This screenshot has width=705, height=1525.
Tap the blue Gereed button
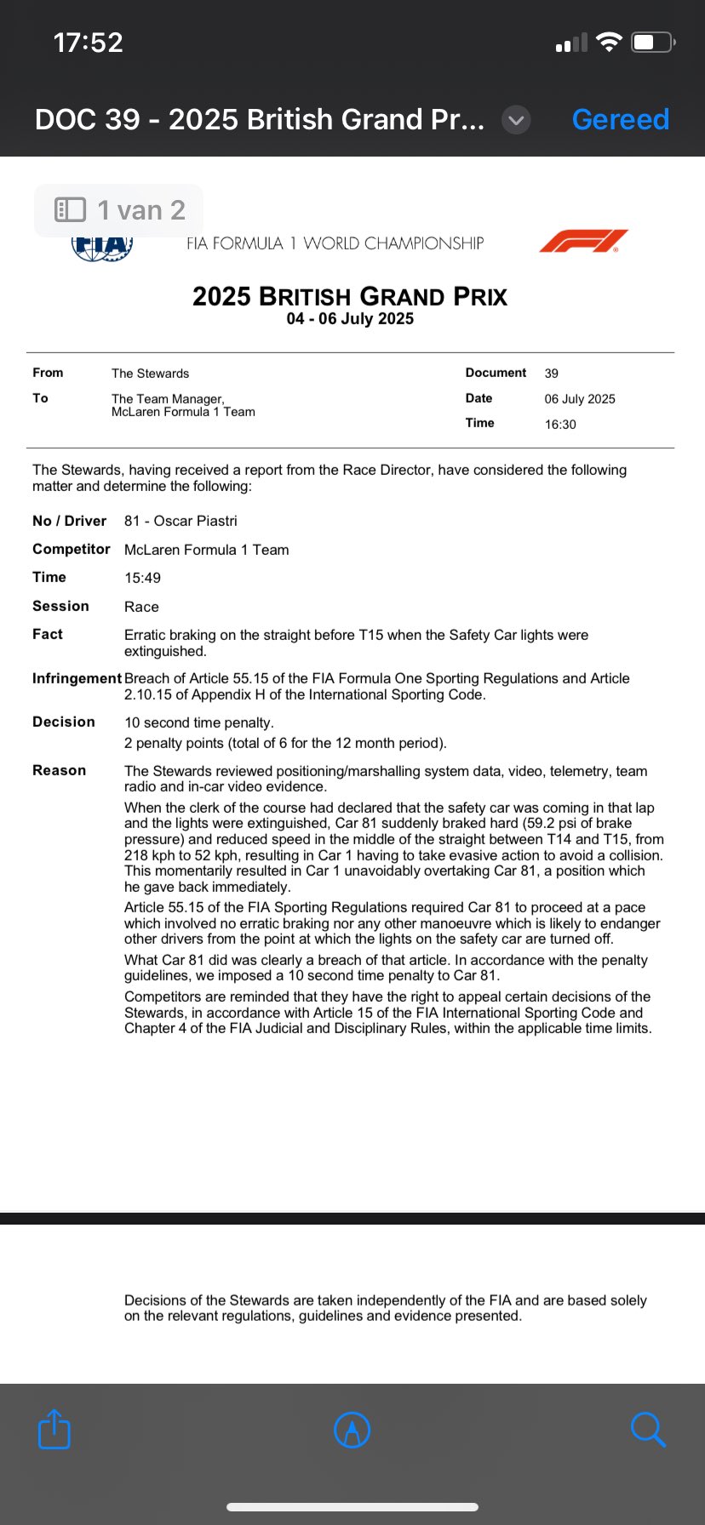(x=620, y=119)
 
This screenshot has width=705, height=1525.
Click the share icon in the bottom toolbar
(x=54, y=1429)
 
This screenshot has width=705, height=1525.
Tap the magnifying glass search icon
(x=647, y=1429)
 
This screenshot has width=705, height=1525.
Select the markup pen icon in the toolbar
(x=352, y=1430)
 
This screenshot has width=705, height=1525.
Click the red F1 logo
(x=583, y=242)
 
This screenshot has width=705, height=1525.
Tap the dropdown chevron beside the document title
(x=516, y=120)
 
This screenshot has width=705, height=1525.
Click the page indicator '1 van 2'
(x=119, y=210)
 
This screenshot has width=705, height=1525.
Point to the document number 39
(x=552, y=374)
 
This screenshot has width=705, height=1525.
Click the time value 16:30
(x=560, y=425)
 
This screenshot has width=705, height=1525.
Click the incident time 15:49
(x=142, y=578)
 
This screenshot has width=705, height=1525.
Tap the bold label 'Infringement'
(x=77, y=678)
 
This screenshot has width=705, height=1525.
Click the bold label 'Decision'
(x=64, y=722)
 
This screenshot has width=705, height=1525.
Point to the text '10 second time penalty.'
(x=199, y=723)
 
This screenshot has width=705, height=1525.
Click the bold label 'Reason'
(x=59, y=770)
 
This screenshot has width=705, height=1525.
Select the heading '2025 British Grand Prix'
(x=350, y=296)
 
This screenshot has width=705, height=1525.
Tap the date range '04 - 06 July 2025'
(x=350, y=319)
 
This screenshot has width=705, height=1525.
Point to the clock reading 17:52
(x=88, y=42)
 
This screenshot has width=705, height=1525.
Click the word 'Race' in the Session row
(x=141, y=607)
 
